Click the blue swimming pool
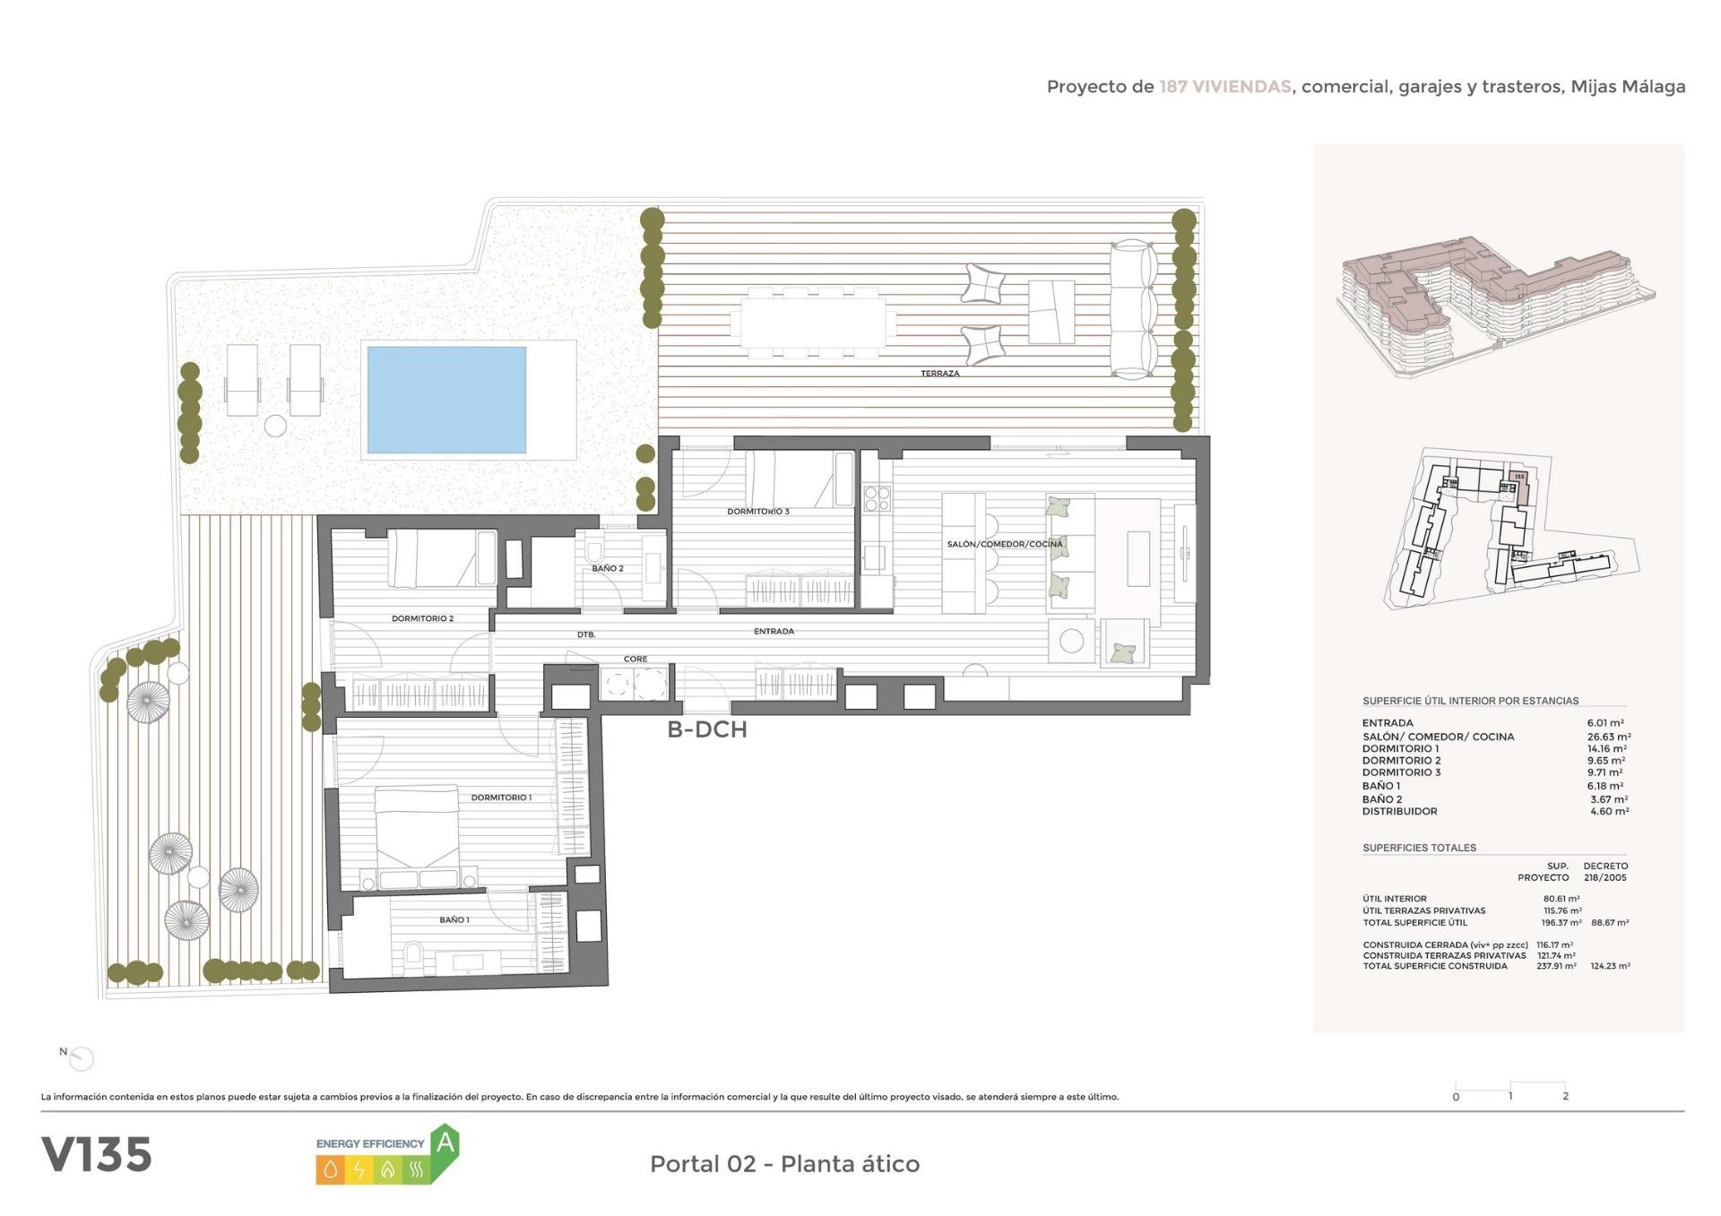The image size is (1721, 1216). pyautogui.click(x=445, y=400)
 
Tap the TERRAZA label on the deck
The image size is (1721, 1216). pyautogui.click(x=939, y=374)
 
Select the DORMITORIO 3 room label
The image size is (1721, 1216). pyautogui.click(x=757, y=512)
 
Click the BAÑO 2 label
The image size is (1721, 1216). pyautogui.click(x=607, y=568)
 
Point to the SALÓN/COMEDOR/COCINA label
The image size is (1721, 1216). pyautogui.click(x=1004, y=544)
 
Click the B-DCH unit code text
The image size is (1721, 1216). pyautogui.click(x=706, y=729)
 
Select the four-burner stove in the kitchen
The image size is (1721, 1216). pyautogui.click(x=877, y=497)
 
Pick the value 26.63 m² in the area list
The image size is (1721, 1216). pyautogui.click(x=1608, y=737)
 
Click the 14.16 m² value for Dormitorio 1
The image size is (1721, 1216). pyautogui.click(x=1606, y=748)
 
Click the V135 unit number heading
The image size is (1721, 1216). pyautogui.click(x=97, y=1155)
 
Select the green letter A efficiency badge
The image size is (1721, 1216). pyautogui.click(x=445, y=1143)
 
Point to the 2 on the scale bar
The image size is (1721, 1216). pyautogui.click(x=1565, y=1096)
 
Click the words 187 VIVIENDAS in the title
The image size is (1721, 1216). pyautogui.click(x=1224, y=87)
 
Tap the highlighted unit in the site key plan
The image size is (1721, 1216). pyautogui.click(x=1518, y=487)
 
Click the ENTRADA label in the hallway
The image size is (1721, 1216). pyautogui.click(x=773, y=632)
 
